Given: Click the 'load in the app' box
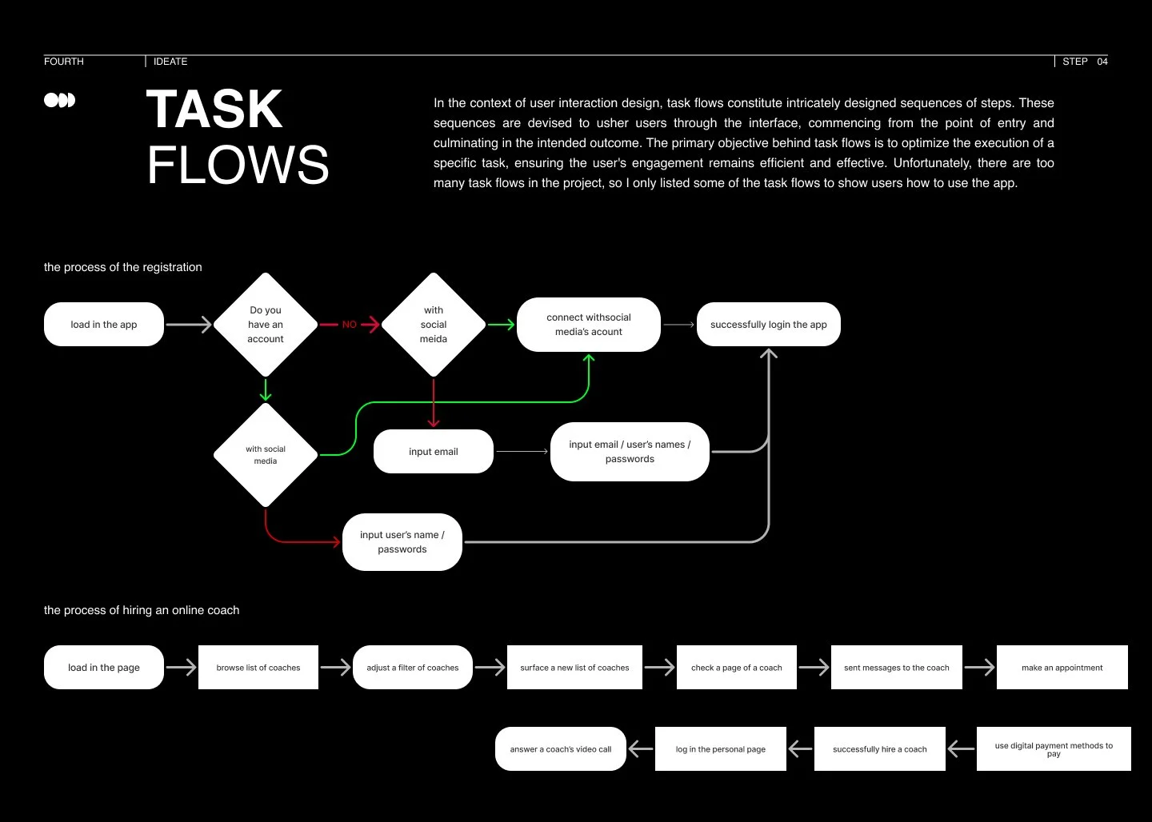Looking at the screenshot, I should click(104, 325).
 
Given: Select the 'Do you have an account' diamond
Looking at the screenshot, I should click(266, 325).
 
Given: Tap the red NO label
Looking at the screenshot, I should click(350, 325).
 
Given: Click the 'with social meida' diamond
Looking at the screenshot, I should click(434, 325).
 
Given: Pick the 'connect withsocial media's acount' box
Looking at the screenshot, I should click(589, 325).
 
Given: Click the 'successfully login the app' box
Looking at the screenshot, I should click(768, 325).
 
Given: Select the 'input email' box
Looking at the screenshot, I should click(434, 452).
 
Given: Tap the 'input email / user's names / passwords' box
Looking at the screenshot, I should click(630, 452).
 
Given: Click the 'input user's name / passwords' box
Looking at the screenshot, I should click(402, 542).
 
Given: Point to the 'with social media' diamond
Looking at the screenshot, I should click(266, 455).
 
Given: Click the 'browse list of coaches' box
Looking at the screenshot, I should click(258, 668).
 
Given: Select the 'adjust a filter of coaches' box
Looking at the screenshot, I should click(413, 668).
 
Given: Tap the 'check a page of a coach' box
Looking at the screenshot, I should click(737, 668).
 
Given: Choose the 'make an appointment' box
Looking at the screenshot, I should click(1062, 668).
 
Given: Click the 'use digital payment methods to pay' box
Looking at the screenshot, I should click(1054, 749).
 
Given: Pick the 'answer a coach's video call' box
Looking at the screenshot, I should click(561, 749).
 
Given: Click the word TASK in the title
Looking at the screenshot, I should click(214, 110).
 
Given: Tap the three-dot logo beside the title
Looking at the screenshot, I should click(59, 100).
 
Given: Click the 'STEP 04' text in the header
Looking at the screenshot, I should click(1085, 62).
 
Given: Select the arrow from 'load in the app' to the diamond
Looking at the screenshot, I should click(189, 325).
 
